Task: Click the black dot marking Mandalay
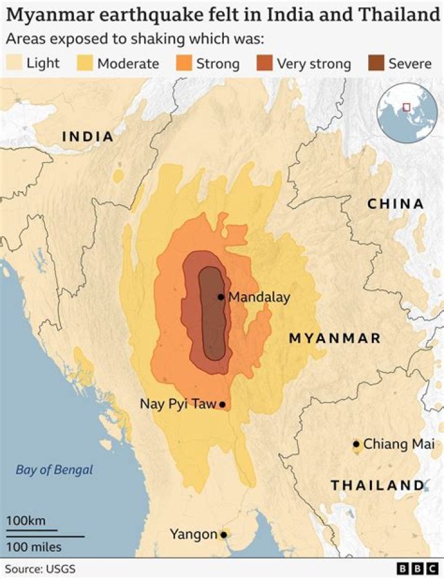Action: pos(221,297)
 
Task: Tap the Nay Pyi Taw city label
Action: pos(178,404)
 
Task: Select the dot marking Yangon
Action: pos(224,535)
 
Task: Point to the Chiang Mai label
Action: pos(398,444)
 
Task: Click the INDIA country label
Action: pos(88,136)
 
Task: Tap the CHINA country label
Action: pos(396,204)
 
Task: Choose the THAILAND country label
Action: pos(377,485)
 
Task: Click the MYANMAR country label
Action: pos(335,339)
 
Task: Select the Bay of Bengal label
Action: pos(54,470)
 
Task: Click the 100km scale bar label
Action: pos(26,521)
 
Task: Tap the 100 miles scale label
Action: pos(34,546)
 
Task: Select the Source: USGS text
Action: pos(41,569)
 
